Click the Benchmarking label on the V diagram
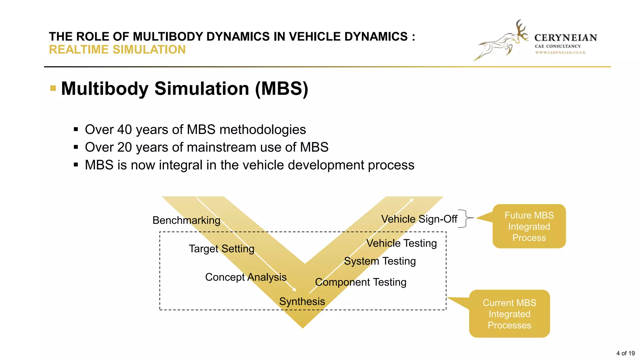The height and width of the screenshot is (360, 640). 186,220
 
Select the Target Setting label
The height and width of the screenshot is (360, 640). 221,249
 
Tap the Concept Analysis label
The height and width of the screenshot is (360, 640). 246,277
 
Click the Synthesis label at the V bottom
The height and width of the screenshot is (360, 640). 302,302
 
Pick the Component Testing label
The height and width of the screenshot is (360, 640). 360,282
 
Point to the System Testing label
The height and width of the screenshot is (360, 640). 380,261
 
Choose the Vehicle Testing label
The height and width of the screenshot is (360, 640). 401,243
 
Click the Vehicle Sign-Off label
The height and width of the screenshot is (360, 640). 419,219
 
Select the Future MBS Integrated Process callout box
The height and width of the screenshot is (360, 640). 529,227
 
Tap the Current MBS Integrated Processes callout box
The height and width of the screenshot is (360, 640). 509,314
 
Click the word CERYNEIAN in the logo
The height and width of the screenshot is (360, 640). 566,38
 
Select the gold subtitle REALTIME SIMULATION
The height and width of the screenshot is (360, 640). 117,50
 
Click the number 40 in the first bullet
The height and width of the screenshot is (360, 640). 124,130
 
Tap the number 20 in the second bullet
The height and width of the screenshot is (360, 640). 124,147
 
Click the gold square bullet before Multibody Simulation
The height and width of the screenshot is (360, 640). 53,88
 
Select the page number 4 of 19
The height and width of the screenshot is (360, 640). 625,353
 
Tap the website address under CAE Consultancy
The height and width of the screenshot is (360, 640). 560,52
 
